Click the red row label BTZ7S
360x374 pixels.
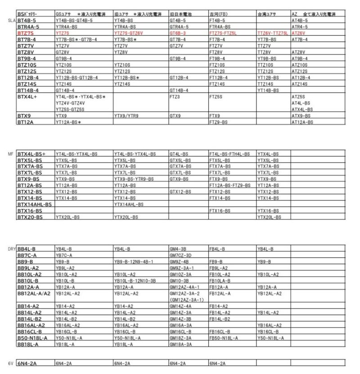pyautogui.click(x=27, y=33)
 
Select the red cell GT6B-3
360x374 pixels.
pyautogui.click(x=178, y=33)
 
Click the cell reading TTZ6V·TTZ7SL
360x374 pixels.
pyautogui.click(x=273, y=33)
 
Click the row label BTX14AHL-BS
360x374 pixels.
pyautogui.click(x=35, y=204)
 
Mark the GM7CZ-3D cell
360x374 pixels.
pyautogui.click(x=180, y=255)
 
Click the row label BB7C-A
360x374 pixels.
pyautogui.click(x=27, y=255)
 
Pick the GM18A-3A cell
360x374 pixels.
pyautogui.click(x=180, y=344)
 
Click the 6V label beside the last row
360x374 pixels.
pyautogui.click(x=11, y=362)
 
